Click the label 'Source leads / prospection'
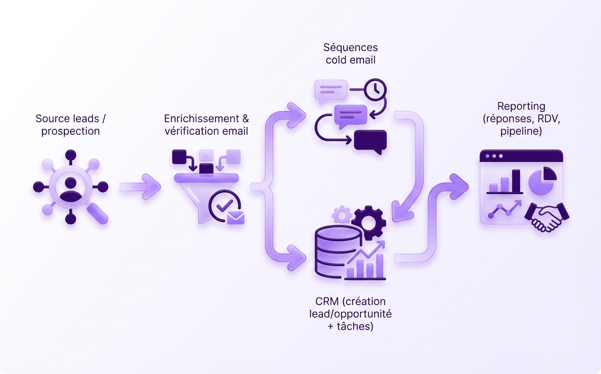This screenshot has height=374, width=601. (x=71, y=125)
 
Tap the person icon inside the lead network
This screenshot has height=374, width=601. (x=71, y=187)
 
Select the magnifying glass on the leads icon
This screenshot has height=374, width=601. (x=97, y=213)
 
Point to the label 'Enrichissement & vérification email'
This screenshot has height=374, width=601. (x=206, y=125)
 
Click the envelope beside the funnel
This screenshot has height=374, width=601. (x=235, y=217)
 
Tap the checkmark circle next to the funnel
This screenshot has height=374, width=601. (x=224, y=205)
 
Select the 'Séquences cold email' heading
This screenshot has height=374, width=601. (x=350, y=53)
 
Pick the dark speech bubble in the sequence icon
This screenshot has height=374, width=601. (x=370, y=141)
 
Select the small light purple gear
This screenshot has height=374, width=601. (x=341, y=214)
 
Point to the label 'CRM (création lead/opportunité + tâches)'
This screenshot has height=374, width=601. (x=350, y=314)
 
